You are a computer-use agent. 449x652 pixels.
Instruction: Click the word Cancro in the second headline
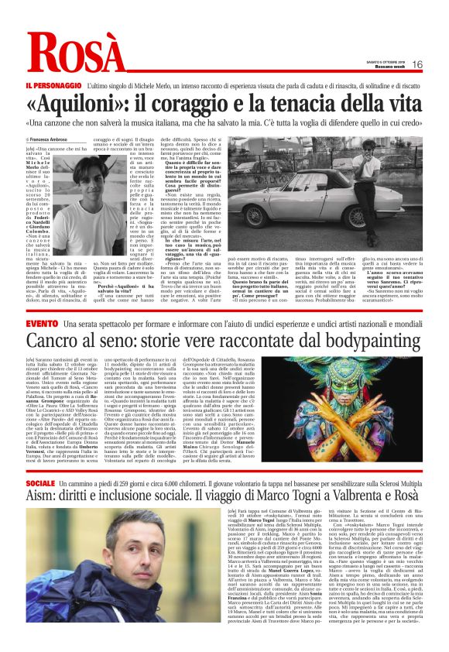click(x=57, y=341)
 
